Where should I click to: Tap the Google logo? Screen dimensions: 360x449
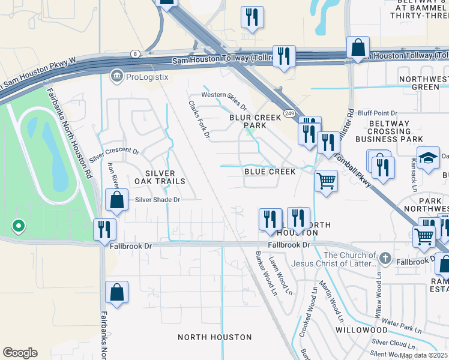pyautogui.click(x=20, y=353)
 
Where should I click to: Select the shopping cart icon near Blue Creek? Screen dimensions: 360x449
pyautogui.click(x=326, y=179)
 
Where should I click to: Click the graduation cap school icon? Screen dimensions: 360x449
pyautogui.click(x=428, y=158)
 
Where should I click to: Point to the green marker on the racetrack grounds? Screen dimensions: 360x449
pyautogui.click(x=19, y=226)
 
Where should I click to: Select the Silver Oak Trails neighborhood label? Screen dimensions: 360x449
pyautogui.click(x=160, y=176)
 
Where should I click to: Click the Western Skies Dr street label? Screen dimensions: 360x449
pyautogui.click(x=224, y=95)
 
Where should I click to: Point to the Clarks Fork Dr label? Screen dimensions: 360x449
pyautogui.click(x=199, y=119)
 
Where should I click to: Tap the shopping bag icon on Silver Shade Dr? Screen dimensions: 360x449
pyautogui.click(x=117, y=201)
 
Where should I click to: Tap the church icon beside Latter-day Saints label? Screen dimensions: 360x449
pyautogui.click(x=385, y=259)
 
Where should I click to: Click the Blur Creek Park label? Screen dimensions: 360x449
pyautogui.click(x=255, y=122)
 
